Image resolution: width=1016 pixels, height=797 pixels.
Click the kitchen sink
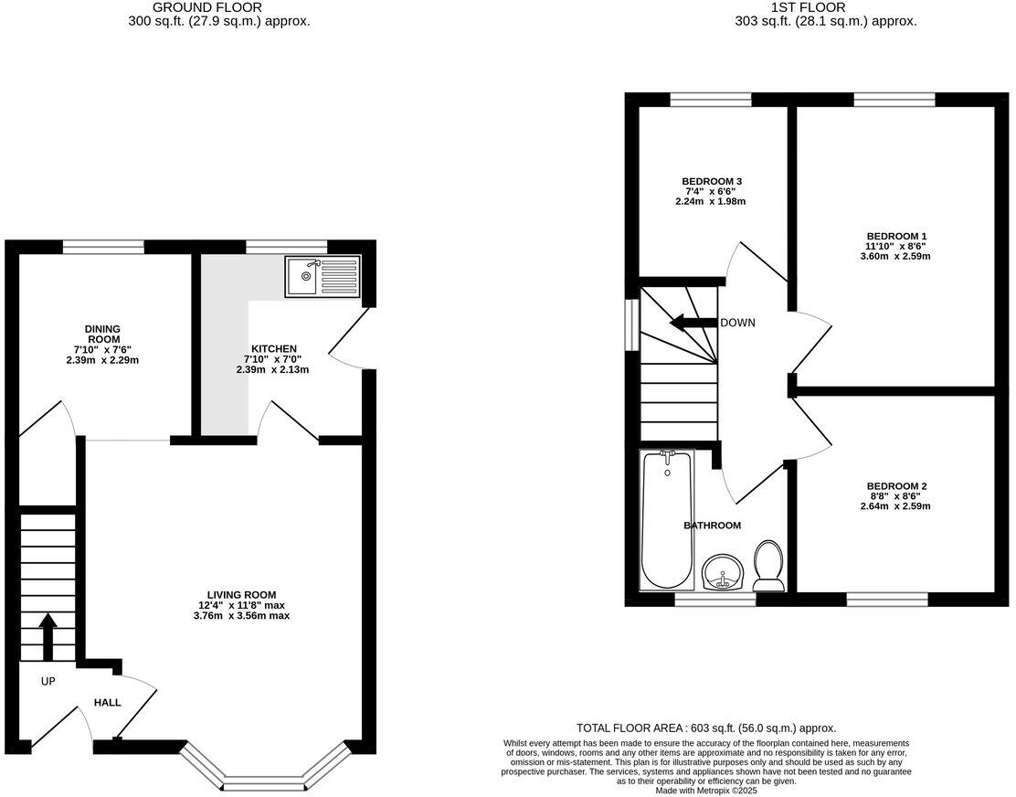[323, 276]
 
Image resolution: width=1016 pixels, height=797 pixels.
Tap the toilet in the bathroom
[767, 565]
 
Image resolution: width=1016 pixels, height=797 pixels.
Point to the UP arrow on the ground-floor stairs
[48, 637]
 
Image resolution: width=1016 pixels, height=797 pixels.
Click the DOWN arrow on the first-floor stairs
[692, 323]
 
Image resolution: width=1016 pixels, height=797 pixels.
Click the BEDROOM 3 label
[711, 181]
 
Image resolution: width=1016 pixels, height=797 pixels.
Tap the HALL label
[107, 703]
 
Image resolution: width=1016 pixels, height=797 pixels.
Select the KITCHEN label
[274, 349]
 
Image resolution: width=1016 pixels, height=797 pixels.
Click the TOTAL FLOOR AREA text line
[706, 728]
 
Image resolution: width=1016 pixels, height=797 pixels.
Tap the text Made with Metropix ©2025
[707, 790]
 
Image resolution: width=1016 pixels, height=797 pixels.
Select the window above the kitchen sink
[287, 246]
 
